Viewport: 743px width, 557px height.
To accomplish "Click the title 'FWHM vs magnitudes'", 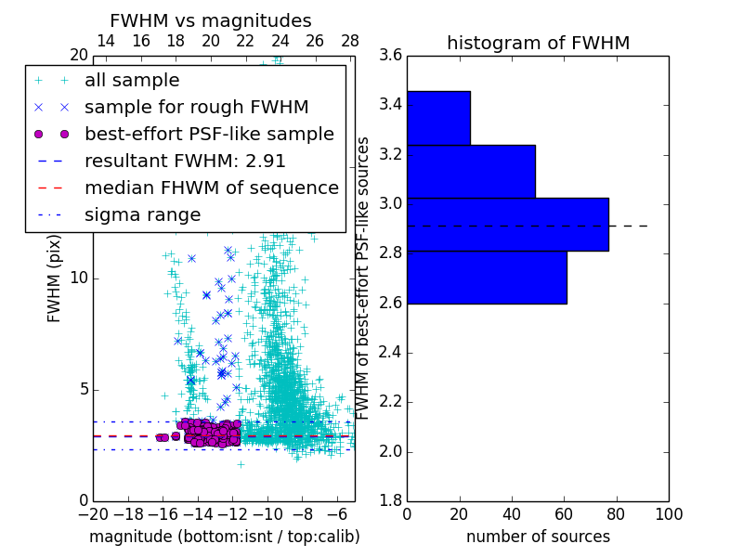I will pyautogui.click(x=211, y=20).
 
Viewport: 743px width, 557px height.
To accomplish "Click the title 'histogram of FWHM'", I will pyautogui.click(x=538, y=43).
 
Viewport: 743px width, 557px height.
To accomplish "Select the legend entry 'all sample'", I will pyautogui.click(x=132, y=81).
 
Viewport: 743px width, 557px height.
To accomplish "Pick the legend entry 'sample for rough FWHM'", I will pyautogui.click(x=196, y=107).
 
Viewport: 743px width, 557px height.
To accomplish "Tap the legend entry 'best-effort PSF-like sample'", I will pyautogui.click(x=209, y=134).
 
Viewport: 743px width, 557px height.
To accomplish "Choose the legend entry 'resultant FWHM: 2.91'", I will pyautogui.click(x=185, y=161).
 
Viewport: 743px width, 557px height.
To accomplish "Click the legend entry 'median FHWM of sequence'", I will pyautogui.click(x=211, y=188).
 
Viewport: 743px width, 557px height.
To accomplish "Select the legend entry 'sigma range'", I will pyautogui.click(x=142, y=214).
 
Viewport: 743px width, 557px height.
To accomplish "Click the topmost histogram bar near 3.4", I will pyautogui.click(x=438, y=118).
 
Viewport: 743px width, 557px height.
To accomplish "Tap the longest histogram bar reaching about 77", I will pyautogui.click(x=507, y=224).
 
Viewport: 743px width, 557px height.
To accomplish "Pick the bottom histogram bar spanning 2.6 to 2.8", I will pyautogui.click(x=487, y=277).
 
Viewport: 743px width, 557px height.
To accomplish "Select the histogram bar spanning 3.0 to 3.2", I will pyautogui.click(x=471, y=171).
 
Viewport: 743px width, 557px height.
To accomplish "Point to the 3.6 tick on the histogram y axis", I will pyautogui.click(x=391, y=55).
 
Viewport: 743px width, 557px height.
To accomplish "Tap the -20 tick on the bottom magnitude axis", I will pyautogui.click(x=93, y=512).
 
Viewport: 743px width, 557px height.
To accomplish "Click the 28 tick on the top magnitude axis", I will pyautogui.click(x=350, y=42).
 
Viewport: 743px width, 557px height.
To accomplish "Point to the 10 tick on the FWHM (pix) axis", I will pyautogui.click(x=79, y=278).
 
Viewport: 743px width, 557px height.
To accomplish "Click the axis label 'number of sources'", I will pyautogui.click(x=538, y=537).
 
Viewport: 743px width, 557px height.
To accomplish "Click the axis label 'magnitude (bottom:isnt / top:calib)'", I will pyautogui.click(x=224, y=537).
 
